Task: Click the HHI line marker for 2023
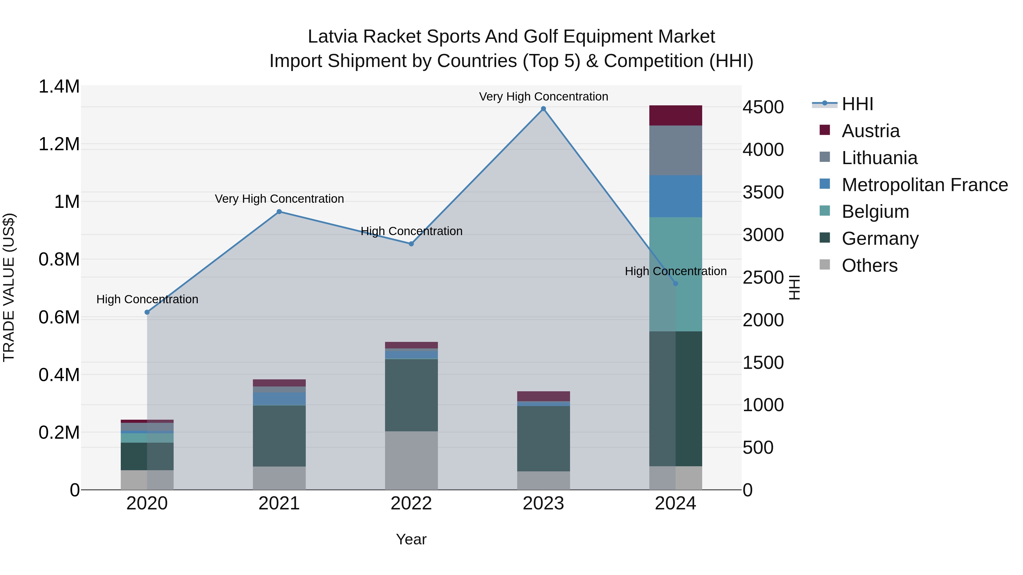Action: coord(543,109)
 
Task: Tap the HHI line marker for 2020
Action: coord(147,312)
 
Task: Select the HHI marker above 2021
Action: coord(279,212)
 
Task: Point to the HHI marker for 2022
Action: coord(411,244)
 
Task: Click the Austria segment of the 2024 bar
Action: coord(675,116)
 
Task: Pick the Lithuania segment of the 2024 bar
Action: coord(675,150)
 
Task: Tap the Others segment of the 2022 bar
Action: coord(411,460)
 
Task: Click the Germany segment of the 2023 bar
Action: coord(543,438)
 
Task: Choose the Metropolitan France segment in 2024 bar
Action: coord(675,196)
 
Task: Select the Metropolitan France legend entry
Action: coord(924,185)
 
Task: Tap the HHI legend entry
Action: coord(857,104)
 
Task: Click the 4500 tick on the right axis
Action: coord(763,107)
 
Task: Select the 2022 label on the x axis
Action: coord(411,503)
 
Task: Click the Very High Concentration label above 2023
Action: coord(543,97)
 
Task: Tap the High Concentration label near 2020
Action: coord(147,299)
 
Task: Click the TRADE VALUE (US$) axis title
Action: coord(9,287)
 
